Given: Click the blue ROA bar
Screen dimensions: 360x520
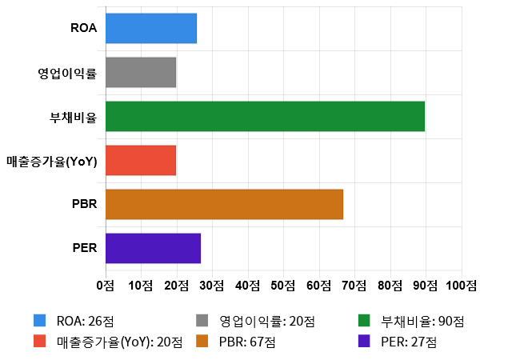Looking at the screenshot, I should (150, 28).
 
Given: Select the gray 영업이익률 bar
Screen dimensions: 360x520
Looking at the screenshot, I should (140, 72).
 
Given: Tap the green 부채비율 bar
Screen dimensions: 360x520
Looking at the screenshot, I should (265, 116).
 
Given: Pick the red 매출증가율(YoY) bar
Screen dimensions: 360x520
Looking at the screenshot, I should (140, 160).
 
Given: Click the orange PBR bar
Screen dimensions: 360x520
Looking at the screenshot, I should (224, 204).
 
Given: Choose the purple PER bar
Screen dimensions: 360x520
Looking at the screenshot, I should (153, 248).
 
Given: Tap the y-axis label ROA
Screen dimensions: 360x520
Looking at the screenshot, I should (84, 29).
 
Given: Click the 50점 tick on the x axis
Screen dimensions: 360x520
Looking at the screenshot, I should (283, 285).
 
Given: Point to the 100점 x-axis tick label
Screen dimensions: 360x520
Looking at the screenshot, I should (462, 285).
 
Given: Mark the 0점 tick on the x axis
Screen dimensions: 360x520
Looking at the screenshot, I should (105, 285).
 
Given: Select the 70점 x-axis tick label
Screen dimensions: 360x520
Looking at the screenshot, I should (354, 285).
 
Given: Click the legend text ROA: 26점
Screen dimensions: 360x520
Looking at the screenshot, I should (86, 322).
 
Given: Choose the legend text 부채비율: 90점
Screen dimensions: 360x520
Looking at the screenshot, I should (423, 322).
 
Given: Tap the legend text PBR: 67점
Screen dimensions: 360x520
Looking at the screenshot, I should (247, 342).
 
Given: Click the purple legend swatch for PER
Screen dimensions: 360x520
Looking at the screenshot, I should (364, 341).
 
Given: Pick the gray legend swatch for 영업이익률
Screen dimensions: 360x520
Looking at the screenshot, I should (202, 321).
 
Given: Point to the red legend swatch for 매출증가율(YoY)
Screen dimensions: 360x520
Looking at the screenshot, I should (39, 341).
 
